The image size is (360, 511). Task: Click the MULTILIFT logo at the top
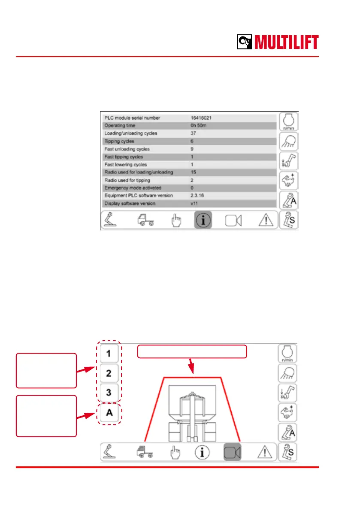coord(278,42)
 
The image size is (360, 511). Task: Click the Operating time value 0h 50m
coord(198,125)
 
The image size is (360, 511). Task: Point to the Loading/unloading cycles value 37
coord(194,133)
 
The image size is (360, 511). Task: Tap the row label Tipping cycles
coord(119,141)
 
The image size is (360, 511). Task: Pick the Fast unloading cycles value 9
coord(192,149)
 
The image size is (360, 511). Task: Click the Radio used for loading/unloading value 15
coord(194,172)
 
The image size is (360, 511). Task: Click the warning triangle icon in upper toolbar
coord(265,220)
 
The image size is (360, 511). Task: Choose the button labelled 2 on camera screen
coord(109,373)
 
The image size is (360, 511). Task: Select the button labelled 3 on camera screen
coord(109,392)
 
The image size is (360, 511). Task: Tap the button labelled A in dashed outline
coord(109,413)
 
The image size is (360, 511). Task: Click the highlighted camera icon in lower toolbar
coord(233,451)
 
